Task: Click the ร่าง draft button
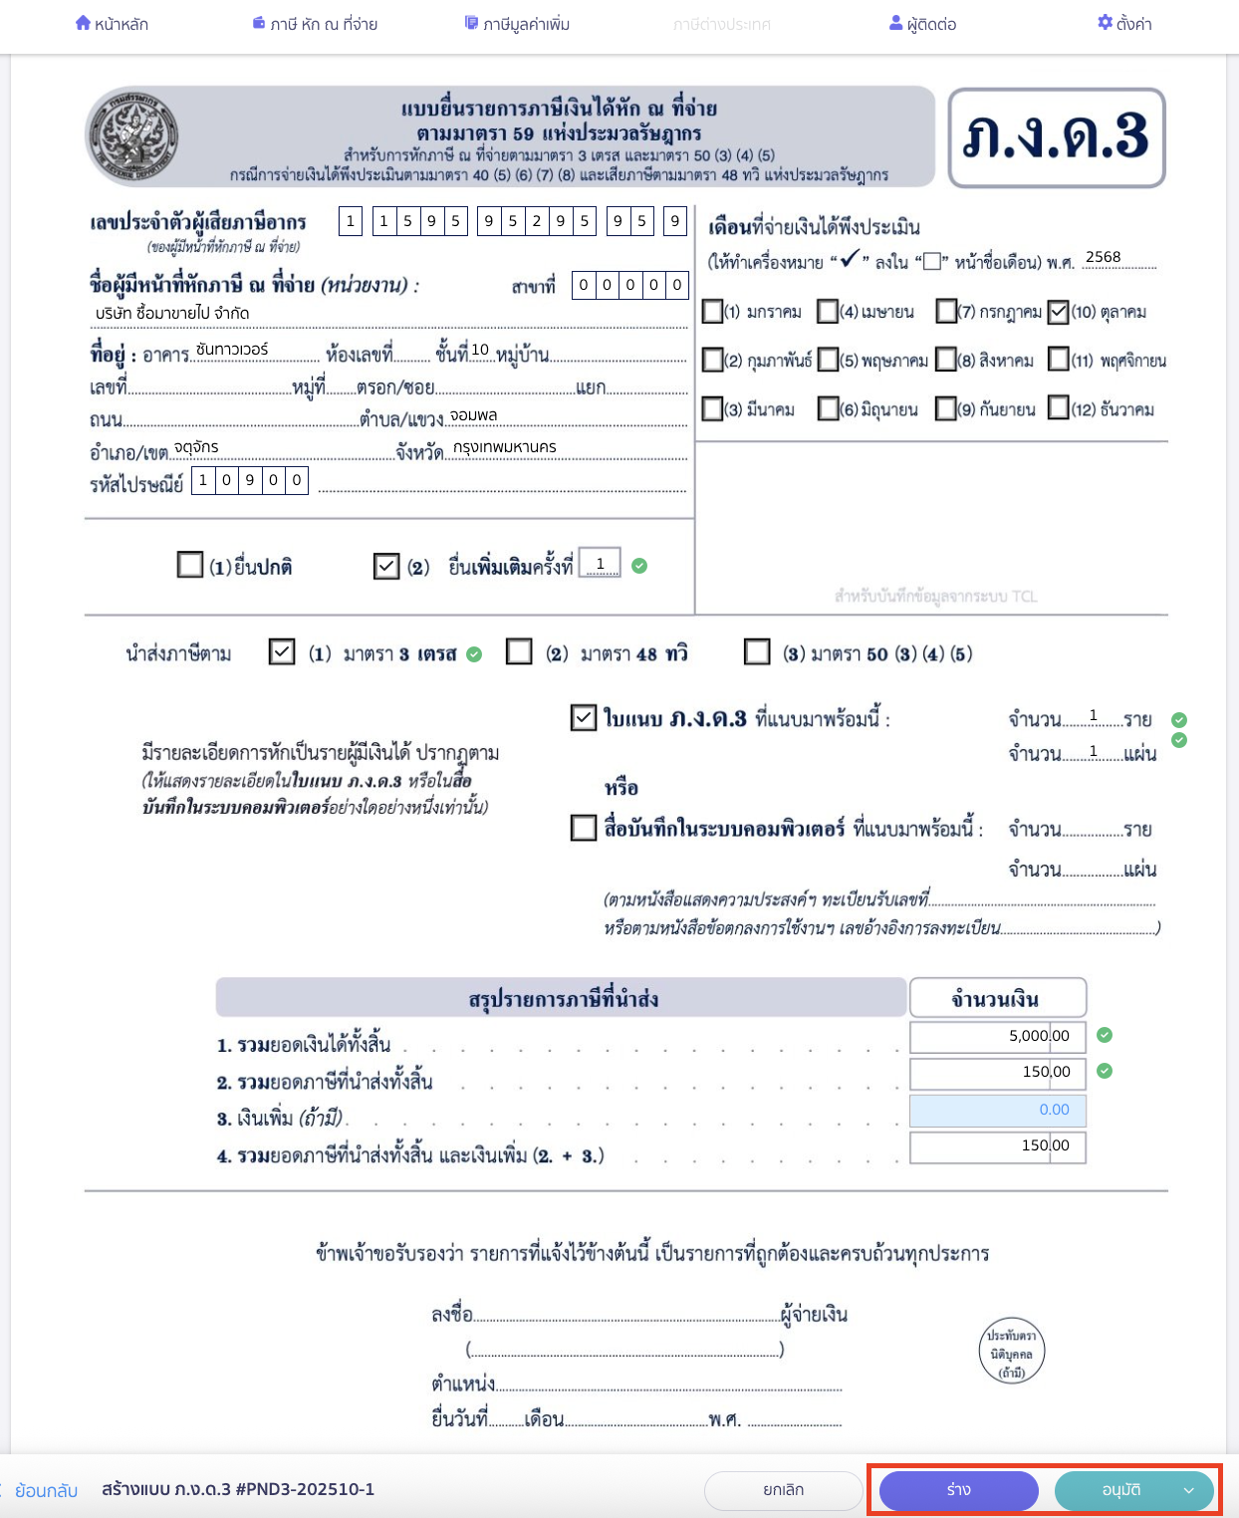point(958,1490)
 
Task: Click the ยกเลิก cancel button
point(783,1490)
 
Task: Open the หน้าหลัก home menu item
point(112,24)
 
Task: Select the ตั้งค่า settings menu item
point(1124,24)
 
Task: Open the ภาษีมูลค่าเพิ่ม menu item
point(517,24)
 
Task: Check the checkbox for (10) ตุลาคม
point(1058,312)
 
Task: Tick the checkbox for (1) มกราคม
point(712,312)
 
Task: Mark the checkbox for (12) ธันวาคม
point(1058,408)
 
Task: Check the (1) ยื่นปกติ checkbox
point(189,566)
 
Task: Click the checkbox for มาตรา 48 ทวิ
point(519,652)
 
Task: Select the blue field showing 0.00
point(997,1110)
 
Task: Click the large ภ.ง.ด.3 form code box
point(1056,137)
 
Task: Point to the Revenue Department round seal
point(133,135)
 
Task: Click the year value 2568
point(1103,257)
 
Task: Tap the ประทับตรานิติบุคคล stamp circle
point(1011,1353)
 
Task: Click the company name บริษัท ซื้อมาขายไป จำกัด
point(172,313)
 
